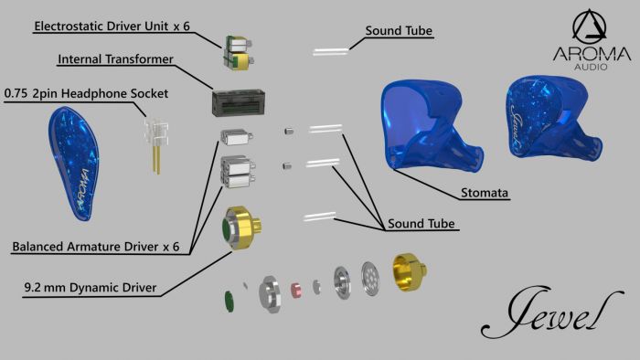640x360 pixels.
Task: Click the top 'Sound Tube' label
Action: click(399, 31)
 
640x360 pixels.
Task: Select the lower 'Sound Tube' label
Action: click(421, 224)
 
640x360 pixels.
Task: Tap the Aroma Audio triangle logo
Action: click(592, 36)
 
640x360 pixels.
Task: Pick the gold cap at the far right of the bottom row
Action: click(414, 273)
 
